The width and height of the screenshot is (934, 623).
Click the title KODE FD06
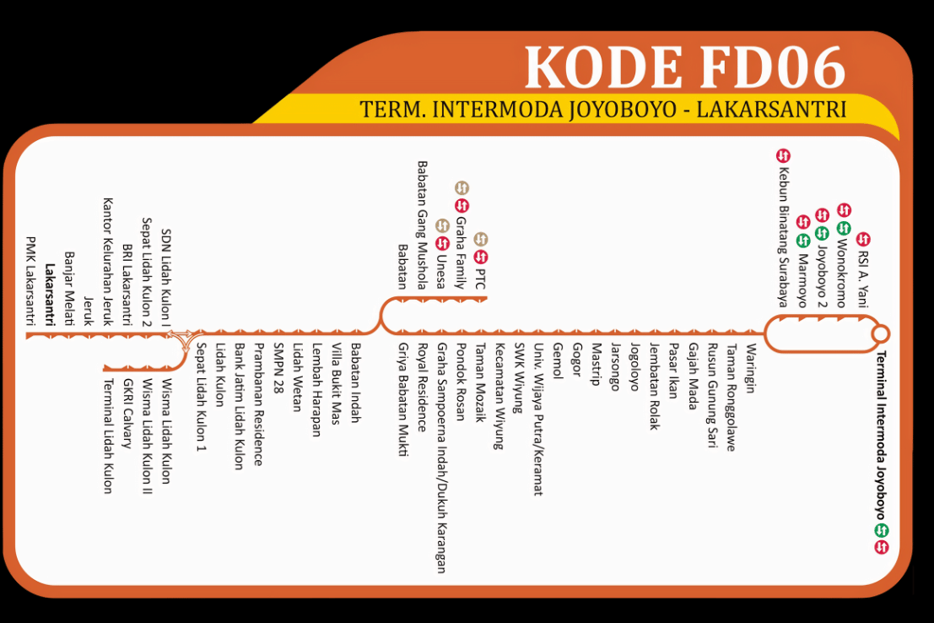[684, 68]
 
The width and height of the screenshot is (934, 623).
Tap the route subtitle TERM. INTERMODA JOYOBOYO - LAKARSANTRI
[602, 110]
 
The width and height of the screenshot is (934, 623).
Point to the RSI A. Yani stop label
[862, 279]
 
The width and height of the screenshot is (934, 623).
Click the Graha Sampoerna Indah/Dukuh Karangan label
[440, 458]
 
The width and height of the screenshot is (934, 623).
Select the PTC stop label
[481, 278]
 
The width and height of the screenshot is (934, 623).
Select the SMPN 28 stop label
[278, 374]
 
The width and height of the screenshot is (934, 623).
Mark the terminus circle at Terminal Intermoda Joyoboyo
[881, 333]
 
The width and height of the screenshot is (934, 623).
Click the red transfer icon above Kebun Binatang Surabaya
[782, 155]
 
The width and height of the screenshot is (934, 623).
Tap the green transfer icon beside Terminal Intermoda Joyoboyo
[882, 530]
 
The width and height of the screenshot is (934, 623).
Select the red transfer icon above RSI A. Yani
[862, 240]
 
